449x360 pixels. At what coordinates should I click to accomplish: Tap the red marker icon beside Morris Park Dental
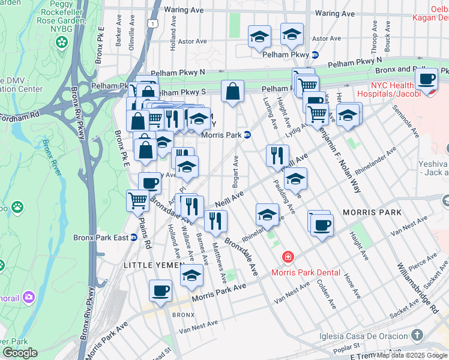(x=289, y=257)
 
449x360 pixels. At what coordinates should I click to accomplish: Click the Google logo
(x=20, y=352)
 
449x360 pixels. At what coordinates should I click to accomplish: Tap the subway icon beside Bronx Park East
(x=134, y=238)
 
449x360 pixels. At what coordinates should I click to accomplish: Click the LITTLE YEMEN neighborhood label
(x=147, y=265)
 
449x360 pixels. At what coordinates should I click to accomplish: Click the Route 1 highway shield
(x=154, y=23)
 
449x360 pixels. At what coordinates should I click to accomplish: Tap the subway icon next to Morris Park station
(x=247, y=134)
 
